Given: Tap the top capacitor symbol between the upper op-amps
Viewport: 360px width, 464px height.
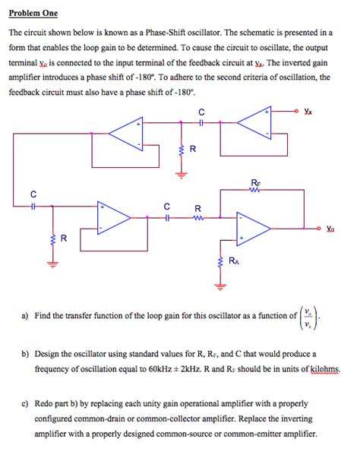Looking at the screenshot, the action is click(201, 122).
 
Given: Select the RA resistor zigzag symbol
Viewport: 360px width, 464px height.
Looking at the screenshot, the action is click(221, 262).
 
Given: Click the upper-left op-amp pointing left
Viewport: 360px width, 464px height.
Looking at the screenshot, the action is click(125, 134).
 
